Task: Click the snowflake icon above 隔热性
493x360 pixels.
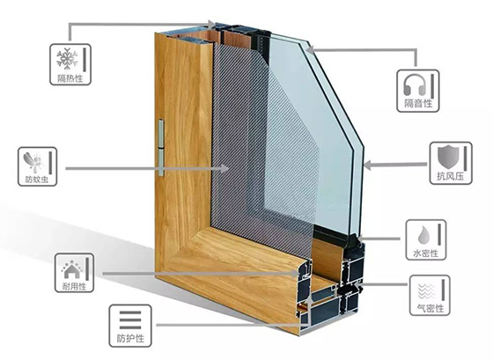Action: point(67,58)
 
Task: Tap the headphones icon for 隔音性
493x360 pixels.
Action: point(415,84)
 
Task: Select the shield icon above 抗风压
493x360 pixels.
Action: point(448,157)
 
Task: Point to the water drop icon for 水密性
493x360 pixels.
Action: point(423,234)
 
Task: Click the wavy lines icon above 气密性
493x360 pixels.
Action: point(426,291)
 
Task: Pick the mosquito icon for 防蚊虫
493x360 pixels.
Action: point(33,162)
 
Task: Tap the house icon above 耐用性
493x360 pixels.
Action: point(72,269)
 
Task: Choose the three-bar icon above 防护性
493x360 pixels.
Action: point(130,320)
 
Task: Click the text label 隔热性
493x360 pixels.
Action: point(70,78)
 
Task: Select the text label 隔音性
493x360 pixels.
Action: point(418,103)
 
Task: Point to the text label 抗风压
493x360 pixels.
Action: point(450,176)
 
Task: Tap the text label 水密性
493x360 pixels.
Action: point(426,253)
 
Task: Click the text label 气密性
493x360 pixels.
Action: point(430,308)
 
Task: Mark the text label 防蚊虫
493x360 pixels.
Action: point(37,180)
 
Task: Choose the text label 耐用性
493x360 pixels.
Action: point(74,286)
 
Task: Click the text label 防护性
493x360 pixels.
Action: point(130,339)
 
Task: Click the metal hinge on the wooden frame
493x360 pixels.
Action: point(161,148)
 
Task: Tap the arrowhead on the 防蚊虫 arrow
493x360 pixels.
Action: point(224,168)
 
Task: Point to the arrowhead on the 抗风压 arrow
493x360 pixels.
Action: point(368,165)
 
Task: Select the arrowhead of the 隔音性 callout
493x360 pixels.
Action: point(310,49)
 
